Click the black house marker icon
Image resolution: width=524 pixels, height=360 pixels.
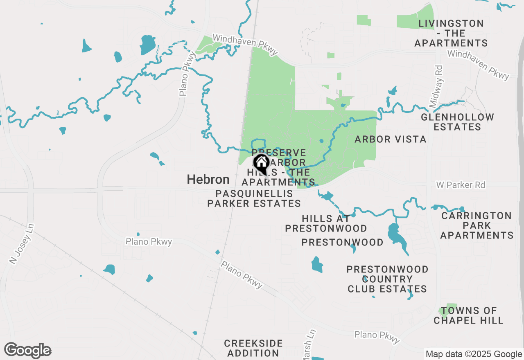(x=261, y=163)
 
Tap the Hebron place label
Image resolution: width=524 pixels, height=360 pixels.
(x=208, y=179)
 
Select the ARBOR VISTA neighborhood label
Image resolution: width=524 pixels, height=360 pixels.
(x=391, y=139)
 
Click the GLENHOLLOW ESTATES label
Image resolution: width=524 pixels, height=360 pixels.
(x=457, y=122)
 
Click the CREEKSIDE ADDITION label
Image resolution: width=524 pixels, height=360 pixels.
(x=253, y=348)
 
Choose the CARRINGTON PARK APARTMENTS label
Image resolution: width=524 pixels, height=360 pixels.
(x=477, y=225)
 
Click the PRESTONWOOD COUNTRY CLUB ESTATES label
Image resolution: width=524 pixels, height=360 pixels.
(x=387, y=279)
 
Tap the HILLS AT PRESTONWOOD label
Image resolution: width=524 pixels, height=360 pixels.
(x=326, y=223)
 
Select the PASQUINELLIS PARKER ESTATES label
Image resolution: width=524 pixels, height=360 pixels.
(x=254, y=198)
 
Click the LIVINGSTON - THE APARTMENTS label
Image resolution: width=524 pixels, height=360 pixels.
(x=451, y=33)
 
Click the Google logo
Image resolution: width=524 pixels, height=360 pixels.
(x=27, y=351)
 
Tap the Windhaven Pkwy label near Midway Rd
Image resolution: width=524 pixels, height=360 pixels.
(x=478, y=65)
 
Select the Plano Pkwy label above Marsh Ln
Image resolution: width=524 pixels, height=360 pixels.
(x=377, y=337)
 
